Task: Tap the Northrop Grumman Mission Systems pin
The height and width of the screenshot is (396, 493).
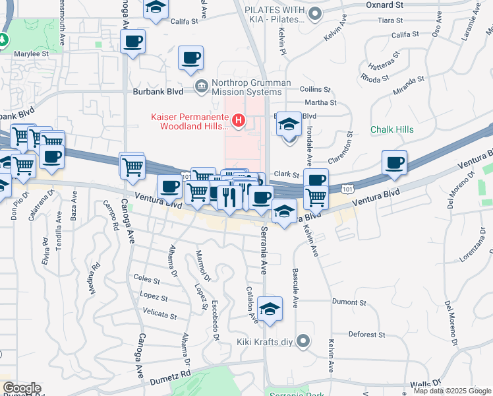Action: click(x=201, y=85)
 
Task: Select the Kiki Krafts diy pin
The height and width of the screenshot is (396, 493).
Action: click(x=303, y=341)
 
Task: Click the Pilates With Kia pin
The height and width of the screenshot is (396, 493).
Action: click(x=316, y=13)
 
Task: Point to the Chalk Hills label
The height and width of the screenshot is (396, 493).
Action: click(x=391, y=129)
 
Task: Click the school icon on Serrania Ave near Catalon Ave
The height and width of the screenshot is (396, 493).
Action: click(x=269, y=309)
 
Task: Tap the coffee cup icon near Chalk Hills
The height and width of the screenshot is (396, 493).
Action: click(x=394, y=163)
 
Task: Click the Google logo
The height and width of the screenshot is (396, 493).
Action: click(x=21, y=388)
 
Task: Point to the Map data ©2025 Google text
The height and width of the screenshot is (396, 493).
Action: click(x=452, y=391)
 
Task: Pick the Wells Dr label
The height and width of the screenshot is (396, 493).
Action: click(x=424, y=383)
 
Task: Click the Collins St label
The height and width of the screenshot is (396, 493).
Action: click(x=314, y=89)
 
